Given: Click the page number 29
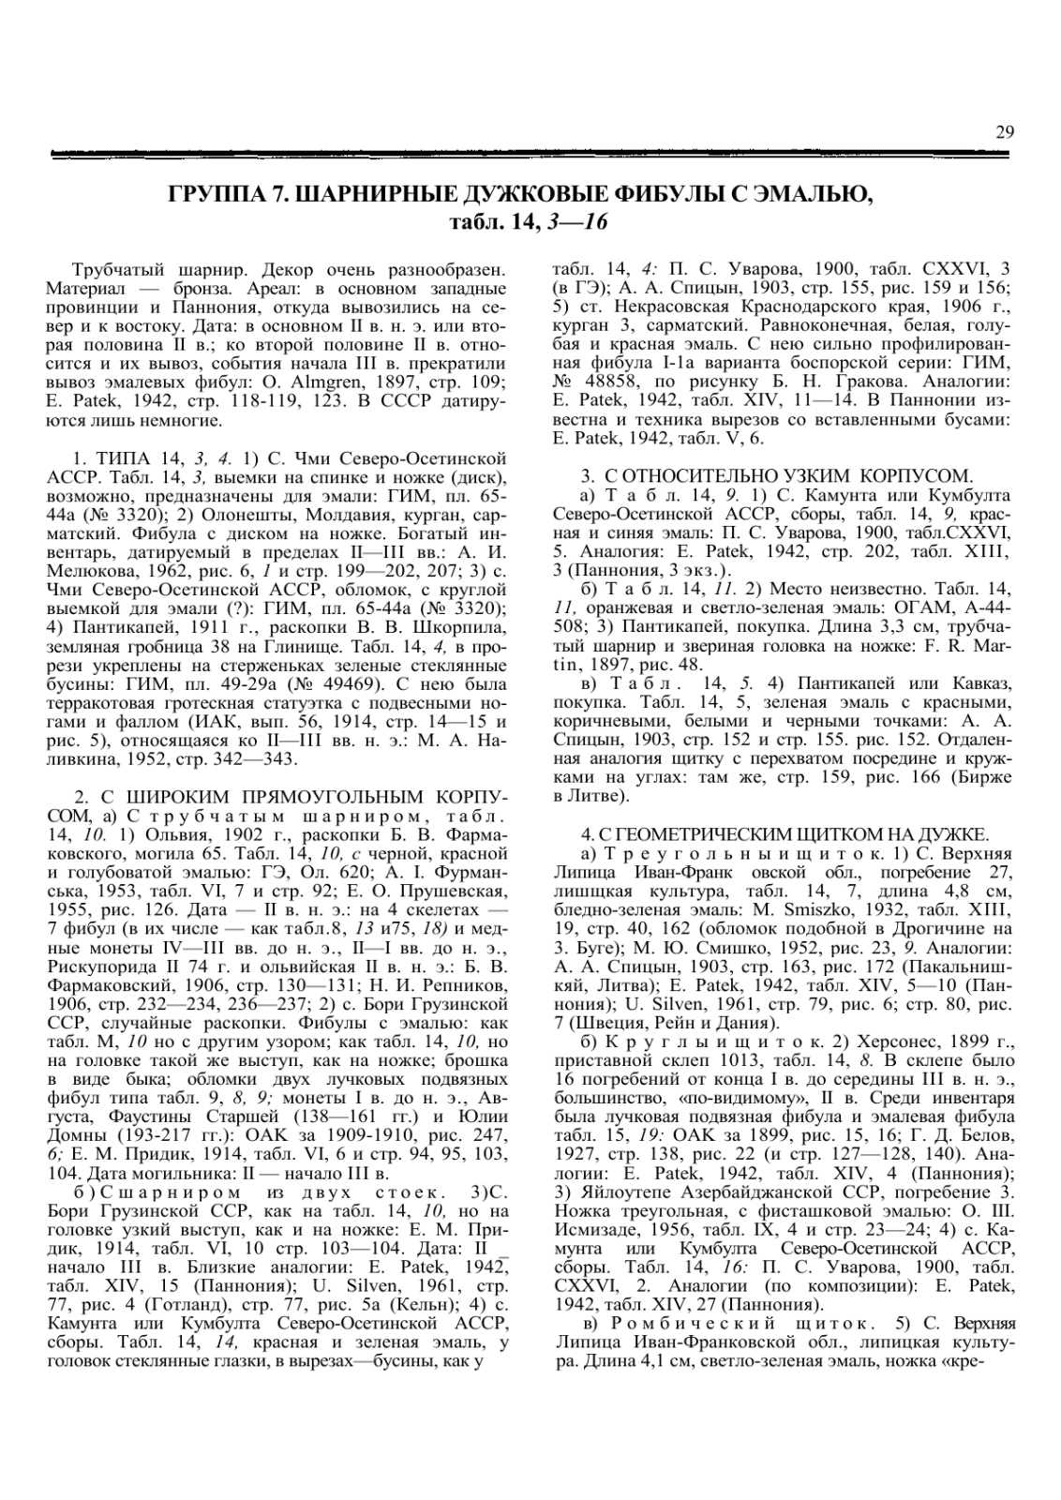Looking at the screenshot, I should [x=1004, y=132].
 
